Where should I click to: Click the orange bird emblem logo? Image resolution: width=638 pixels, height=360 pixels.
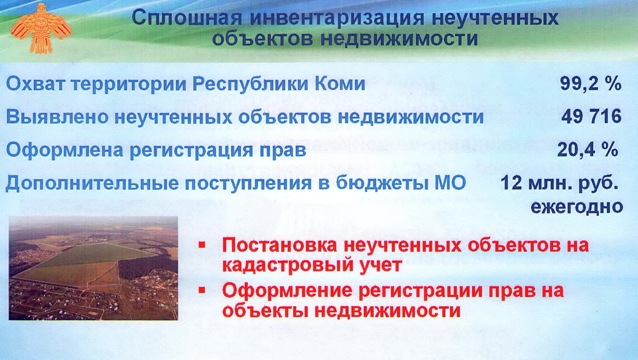click(40, 29)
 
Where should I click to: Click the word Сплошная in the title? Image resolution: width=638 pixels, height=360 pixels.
click(187, 18)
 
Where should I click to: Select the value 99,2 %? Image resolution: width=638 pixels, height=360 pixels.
click(591, 84)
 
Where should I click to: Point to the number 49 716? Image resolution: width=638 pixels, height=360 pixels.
click(592, 116)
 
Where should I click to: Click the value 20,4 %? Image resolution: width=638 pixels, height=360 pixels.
click(588, 149)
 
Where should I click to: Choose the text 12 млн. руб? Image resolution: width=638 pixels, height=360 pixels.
click(559, 183)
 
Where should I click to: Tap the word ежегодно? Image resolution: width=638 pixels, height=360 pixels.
click(576, 207)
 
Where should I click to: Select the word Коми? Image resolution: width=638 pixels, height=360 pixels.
click(340, 84)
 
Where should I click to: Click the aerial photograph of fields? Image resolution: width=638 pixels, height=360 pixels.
click(93, 268)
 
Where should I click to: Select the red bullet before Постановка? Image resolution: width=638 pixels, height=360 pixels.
click(202, 245)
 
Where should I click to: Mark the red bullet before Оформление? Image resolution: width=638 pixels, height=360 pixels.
click(202, 290)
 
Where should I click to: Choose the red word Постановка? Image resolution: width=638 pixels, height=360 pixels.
click(280, 245)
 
